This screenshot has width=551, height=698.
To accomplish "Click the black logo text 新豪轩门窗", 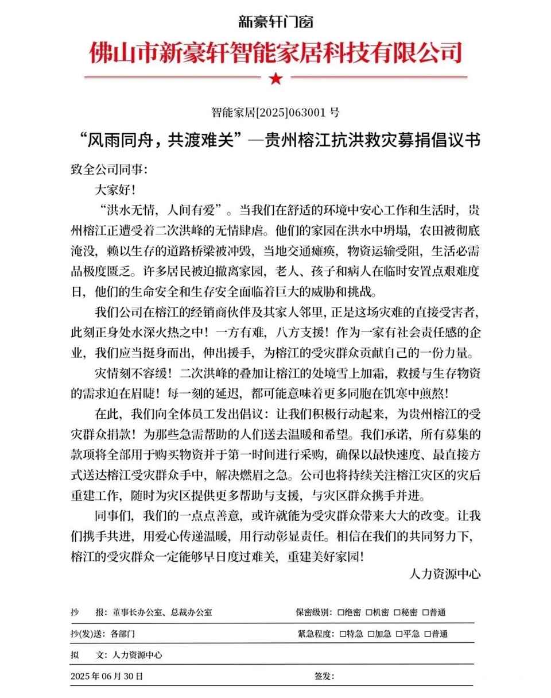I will [x=275, y=22].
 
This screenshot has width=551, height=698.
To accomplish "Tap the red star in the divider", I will [x=275, y=78].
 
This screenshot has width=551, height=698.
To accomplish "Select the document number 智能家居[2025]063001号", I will [x=275, y=112].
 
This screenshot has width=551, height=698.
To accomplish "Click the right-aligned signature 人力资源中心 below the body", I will [x=445, y=573].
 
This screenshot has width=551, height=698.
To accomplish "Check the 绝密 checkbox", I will [x=342, y=612].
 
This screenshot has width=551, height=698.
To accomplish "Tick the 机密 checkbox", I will [x=370, y=612].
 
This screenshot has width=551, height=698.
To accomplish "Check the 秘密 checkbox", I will [x=397, y=612].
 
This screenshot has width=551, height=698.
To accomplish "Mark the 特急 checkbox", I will [x=343, y=634].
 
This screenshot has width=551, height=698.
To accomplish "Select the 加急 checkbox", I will [x=371, y=634].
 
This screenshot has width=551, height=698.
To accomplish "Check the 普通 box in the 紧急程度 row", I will [x=426, y=634].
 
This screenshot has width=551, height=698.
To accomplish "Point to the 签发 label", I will [x=324, y=676].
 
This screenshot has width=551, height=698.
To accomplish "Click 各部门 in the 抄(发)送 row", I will [x=123, y=634].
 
